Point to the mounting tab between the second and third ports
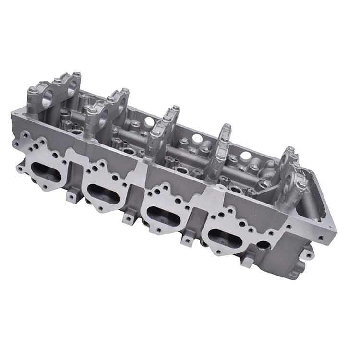tap(128, 218)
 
